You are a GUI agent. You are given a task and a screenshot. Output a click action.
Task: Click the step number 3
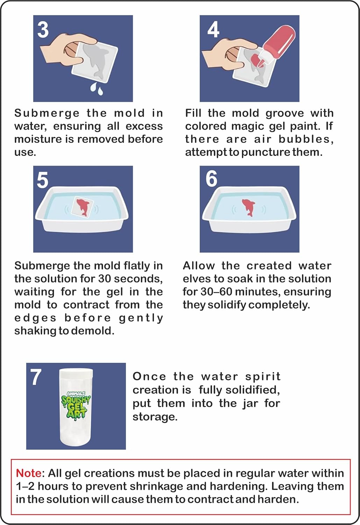tap(43, 30)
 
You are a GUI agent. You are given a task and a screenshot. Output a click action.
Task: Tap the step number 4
tap(213, 29)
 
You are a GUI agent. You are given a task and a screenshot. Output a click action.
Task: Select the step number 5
tap(43, 180)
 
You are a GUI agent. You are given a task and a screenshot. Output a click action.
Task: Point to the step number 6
tap(212, 179)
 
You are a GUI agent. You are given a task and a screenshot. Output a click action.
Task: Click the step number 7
tap(36, 377)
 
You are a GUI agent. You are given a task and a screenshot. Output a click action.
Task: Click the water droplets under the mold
tap(97, 89)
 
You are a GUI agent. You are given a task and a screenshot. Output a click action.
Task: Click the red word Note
tap(29, 473)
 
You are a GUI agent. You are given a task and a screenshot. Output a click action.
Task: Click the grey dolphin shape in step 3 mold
tap(96, 61)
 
